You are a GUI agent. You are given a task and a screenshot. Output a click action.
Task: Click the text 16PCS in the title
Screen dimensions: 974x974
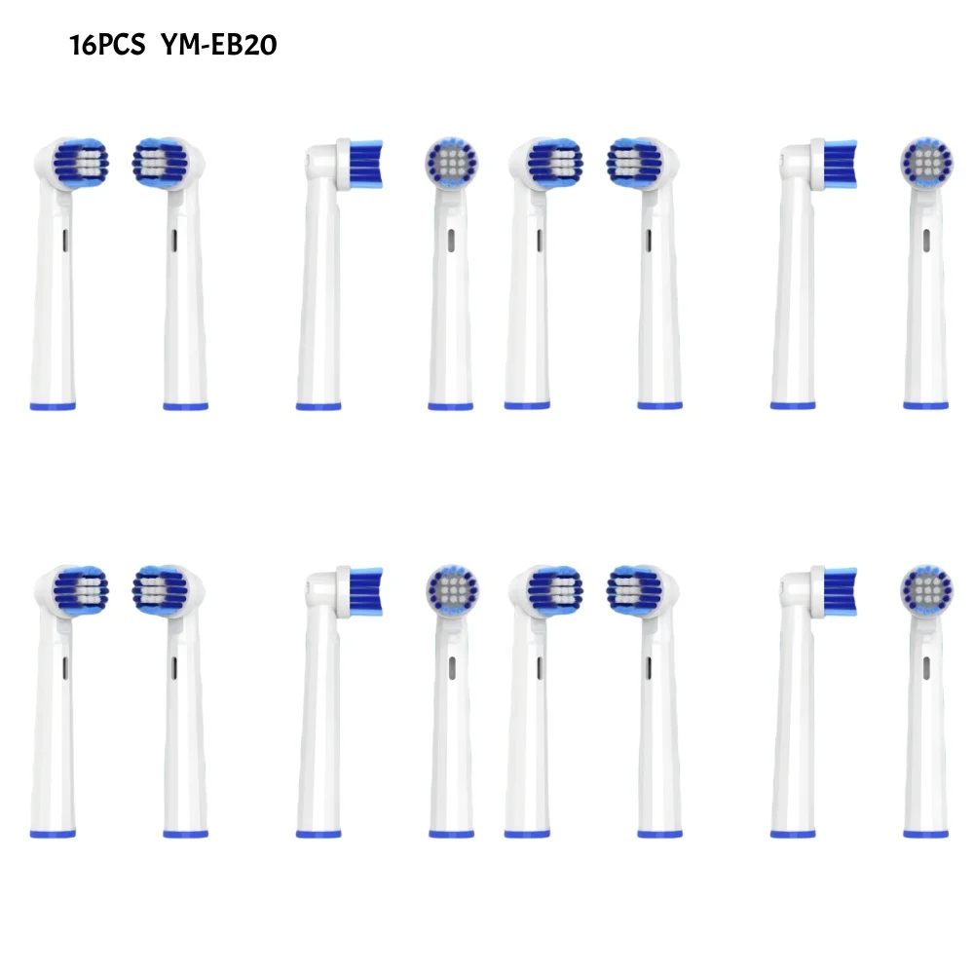tap(107, 46)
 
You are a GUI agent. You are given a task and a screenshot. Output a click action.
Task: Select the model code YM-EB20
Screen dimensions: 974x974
tap(219, 46)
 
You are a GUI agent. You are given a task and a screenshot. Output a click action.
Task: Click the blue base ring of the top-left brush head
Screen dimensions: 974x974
tap(53, 407)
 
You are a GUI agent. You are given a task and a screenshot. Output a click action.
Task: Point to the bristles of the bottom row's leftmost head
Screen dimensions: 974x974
tap(81, 591)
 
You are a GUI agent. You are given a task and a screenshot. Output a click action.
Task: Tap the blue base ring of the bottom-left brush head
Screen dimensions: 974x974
tap(53, 835)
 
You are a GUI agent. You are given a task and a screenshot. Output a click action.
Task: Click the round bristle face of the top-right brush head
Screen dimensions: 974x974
tap(926, 163)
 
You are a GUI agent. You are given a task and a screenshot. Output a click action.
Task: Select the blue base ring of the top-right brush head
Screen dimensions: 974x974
tap(925, 406)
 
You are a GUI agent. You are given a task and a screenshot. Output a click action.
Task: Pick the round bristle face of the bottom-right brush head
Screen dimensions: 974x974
tap(926, 590)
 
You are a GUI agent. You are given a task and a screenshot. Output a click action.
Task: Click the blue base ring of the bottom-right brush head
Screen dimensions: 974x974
tap(925, 834)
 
